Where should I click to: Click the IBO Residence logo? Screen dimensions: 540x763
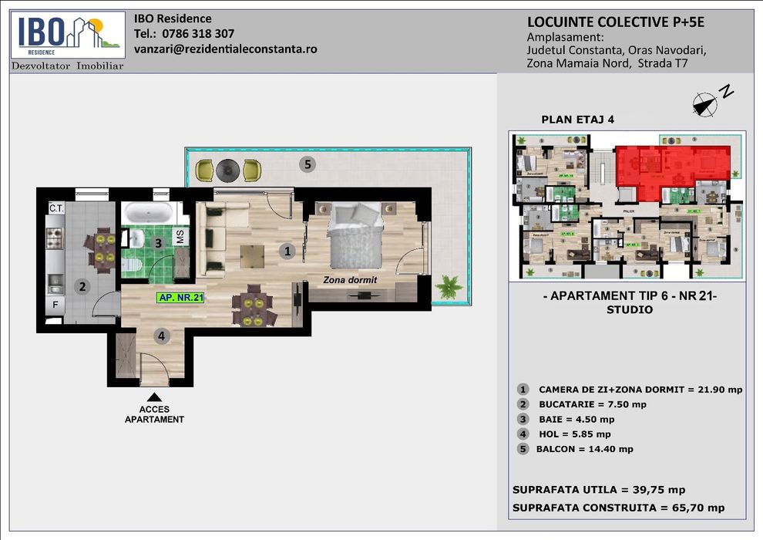68,35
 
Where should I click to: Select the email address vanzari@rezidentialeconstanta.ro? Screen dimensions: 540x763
225,49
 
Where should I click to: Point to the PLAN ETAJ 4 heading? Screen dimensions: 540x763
578,120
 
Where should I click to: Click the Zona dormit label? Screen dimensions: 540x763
351,280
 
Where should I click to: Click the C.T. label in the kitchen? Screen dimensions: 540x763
55,208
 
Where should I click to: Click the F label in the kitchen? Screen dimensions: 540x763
55,305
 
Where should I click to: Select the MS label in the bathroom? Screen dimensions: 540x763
180,238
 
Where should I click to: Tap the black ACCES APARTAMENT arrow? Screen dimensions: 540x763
155,397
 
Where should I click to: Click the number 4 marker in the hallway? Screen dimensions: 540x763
161,336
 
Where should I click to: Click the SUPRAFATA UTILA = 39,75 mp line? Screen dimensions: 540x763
598,490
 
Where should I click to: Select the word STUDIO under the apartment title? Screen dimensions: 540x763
630,310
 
